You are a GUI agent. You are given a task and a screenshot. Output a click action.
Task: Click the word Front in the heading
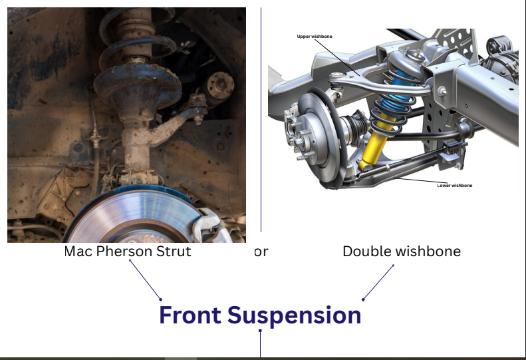click(x=190, y=315)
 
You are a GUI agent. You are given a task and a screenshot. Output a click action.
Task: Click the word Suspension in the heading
click(x=294, y=315)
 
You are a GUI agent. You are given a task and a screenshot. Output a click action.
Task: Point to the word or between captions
click(x=261, y=252)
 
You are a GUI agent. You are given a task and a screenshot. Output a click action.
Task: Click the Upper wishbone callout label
click(x=315, y=37)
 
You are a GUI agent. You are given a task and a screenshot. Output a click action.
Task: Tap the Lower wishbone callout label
click(x=455, y=186)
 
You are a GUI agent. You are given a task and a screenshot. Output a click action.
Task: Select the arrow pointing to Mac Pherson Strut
click(x=145, y=279)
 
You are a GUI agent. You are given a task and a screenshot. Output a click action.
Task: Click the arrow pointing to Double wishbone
click(x=378, y=282)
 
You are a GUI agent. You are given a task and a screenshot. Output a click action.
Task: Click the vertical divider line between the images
click(x=261, y=120)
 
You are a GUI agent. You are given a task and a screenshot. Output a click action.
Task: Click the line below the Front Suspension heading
click(x=260, y=343)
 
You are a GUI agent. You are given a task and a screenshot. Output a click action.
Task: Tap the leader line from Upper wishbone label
click(x=338, y=57)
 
